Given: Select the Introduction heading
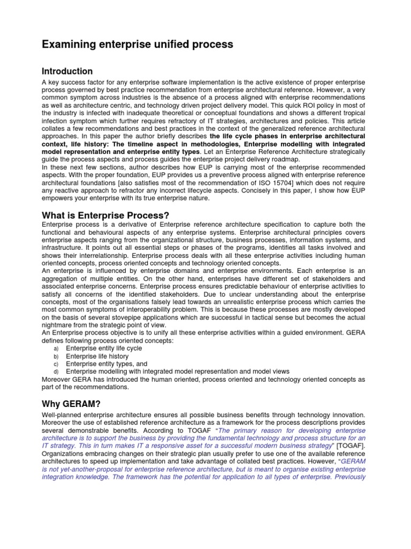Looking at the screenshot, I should [x=67, y=71].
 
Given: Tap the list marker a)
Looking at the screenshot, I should [x=56, y=348].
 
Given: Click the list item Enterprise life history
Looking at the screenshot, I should [x=97, y=356].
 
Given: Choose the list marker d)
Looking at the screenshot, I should [x=56, y=372].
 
